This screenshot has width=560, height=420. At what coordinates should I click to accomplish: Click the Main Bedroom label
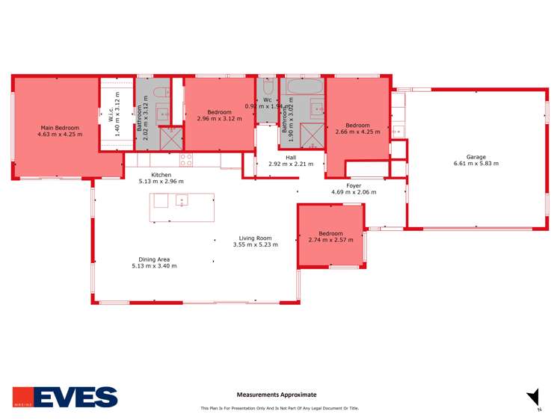[x=60, y=128]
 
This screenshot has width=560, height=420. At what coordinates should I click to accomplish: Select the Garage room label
[x=476, y=157]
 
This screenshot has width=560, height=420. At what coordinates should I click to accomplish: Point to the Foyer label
[x=354, y=185]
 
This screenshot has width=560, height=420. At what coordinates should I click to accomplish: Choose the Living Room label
[x=255, y=238]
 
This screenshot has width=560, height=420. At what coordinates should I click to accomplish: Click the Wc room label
[x=266, y=100]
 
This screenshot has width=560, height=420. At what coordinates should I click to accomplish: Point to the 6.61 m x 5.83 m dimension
[x=476, y=163]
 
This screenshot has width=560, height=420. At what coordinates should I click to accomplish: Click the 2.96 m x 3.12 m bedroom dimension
[x=219, y=118]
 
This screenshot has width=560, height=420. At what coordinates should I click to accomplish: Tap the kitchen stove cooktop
[x=185, y=160]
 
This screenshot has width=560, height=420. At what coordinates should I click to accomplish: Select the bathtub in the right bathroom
[x=305, y=87]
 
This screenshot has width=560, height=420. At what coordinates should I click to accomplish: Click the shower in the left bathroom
[x=170, y=138]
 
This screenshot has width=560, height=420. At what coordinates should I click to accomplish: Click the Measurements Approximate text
[x=277, y=395]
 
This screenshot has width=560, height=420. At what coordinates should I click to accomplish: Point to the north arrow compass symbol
[x=532, y=398]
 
